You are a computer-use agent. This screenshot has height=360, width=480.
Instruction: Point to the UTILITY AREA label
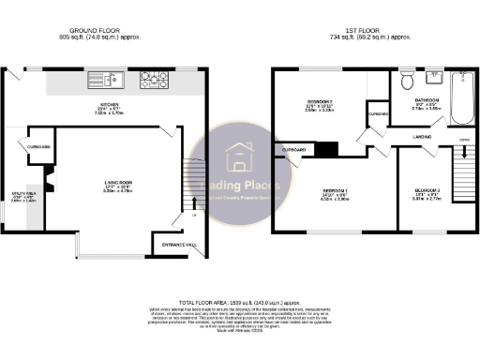[22, 194]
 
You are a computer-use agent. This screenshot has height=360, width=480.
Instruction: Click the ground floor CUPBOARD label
[39, 145]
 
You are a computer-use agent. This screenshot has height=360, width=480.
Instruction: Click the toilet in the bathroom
[406, 81]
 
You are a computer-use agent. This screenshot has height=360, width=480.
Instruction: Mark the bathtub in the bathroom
[463, 93]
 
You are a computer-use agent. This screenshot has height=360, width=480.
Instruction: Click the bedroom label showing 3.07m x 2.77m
[427, 195]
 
